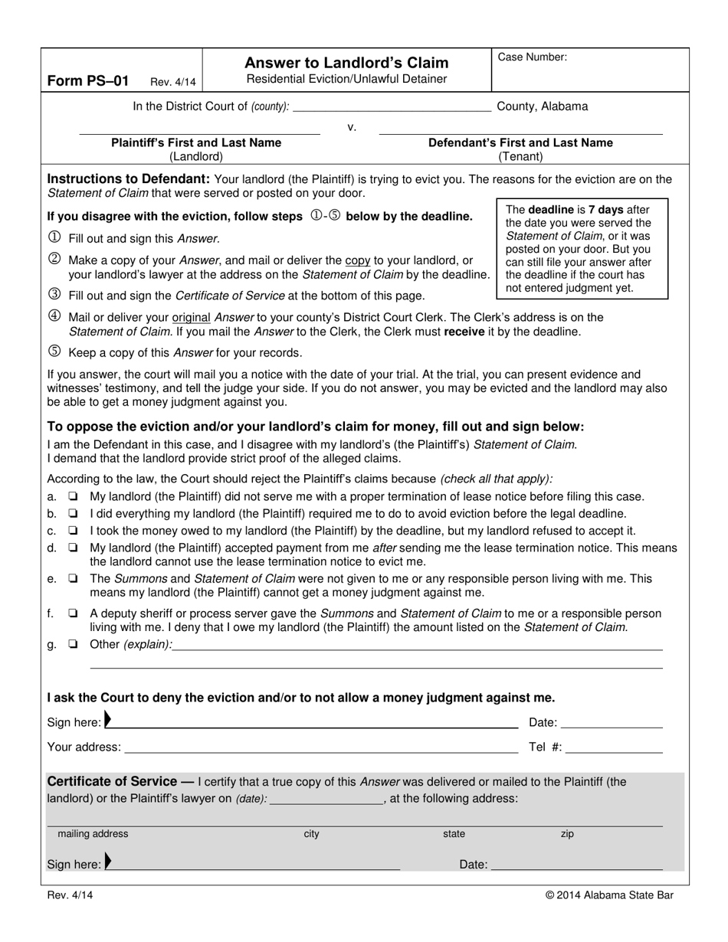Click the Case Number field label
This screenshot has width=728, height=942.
[533, 57]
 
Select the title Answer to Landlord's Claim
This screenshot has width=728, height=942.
[346, 63]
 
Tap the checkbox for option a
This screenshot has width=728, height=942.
[73, 497]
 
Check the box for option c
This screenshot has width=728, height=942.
[73, 531]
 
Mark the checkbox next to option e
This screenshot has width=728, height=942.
[73, 580]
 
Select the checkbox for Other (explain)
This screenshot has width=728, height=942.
[73, 645]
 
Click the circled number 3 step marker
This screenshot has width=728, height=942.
[54, 294]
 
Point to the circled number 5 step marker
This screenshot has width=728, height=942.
[54, 352]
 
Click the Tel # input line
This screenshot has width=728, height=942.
[615, 748]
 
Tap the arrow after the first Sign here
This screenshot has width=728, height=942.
[108, 720]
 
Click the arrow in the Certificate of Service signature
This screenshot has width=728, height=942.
[108, 862]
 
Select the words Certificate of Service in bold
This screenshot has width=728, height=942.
[112, 782]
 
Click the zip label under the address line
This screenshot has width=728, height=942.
[567, 835]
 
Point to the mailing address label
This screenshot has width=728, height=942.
[93, 835]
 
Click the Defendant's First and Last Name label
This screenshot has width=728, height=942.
[520, 143]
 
